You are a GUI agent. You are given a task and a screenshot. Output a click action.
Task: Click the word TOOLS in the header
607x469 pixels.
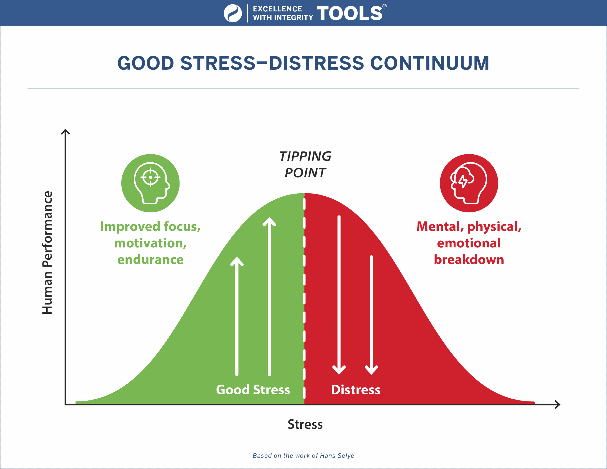click(x=349, y=13)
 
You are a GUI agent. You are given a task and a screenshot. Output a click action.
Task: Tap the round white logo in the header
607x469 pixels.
click(x=233, y=13)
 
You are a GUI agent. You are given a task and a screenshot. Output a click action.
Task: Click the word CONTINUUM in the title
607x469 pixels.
click(x=430, y=63)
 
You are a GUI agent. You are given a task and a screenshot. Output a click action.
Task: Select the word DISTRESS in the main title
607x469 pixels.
click(x=316, y=63)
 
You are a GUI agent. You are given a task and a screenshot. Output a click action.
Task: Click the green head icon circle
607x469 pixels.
click(x=150, y=183)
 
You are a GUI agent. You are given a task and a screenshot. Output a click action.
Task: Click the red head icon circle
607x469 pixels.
click(x=469, y=183)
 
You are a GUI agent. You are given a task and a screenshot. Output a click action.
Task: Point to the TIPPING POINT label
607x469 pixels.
click(x=305, y=164)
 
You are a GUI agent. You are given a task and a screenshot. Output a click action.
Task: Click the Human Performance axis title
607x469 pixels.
click(x=47, y=253)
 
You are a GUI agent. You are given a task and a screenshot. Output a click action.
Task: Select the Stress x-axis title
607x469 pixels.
click(x=305, y=424)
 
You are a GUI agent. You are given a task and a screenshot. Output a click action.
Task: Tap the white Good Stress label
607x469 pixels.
click(x=253, y=390)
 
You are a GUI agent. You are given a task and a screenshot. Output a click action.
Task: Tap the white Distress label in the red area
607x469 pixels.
click(x=356, y=390)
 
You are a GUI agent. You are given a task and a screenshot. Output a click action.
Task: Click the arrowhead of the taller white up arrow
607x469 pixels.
click(x=269, y=221)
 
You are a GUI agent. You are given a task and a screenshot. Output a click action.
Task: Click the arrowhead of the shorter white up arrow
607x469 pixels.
click(x=237, y=261)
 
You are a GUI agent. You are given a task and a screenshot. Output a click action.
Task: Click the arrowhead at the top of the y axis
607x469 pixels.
click(x=65, y=132)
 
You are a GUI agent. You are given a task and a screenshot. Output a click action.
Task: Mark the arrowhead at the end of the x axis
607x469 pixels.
click(x=557, y=405)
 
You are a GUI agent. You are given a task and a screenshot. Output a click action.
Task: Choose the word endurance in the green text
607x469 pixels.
click(x=150, y=260)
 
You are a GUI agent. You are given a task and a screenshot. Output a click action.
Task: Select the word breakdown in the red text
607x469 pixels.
click(x=469, y=260)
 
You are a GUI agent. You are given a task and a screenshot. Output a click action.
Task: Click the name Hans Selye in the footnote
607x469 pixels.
click(x=337, y=456)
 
